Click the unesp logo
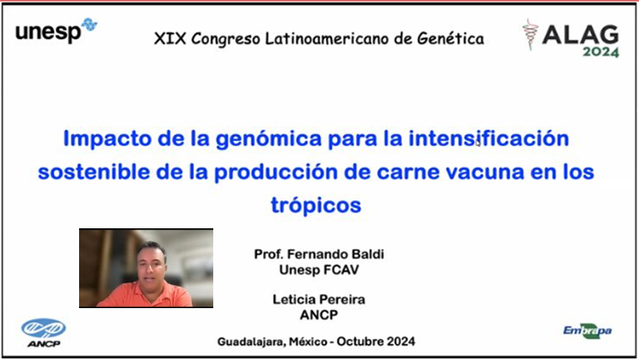pos(56,30)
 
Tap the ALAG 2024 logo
pos(571,38)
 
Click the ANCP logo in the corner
pos(44,333)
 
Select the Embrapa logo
pos(587,331)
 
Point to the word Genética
pos(450,38)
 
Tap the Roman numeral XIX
pos(170,38)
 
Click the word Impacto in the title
pos(108,138)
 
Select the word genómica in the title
pos(268,139)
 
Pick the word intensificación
pos(489,138)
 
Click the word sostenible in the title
pos(94,172)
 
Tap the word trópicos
pos(316,205)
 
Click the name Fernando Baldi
pos(335,254)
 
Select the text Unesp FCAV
pos(319,270)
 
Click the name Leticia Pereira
pos(319,299)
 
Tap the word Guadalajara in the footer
pos(251,342)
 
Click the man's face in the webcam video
pos(152,267)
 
